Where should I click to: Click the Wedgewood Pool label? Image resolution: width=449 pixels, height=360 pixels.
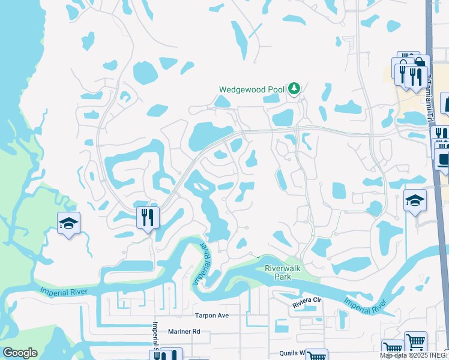point(251,89)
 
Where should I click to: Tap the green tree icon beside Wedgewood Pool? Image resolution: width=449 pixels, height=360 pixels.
point(294,89)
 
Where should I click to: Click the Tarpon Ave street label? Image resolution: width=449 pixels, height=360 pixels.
point(211,315)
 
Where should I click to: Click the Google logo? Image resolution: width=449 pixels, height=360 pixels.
point(20,353)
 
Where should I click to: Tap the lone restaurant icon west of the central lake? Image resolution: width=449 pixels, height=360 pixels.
point(148,217)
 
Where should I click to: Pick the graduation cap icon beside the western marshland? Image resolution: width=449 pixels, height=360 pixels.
point(68,224)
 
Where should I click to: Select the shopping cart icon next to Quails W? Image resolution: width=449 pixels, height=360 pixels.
point(316,356)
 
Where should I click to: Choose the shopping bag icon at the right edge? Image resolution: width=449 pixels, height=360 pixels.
point(445,103)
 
